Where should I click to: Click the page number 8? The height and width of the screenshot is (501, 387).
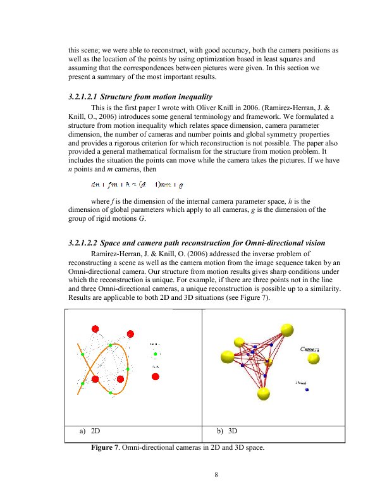(216, 477)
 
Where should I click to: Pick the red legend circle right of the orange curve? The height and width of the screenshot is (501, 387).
(156, 374)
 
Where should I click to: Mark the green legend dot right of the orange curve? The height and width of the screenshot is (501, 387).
(156, 354)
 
